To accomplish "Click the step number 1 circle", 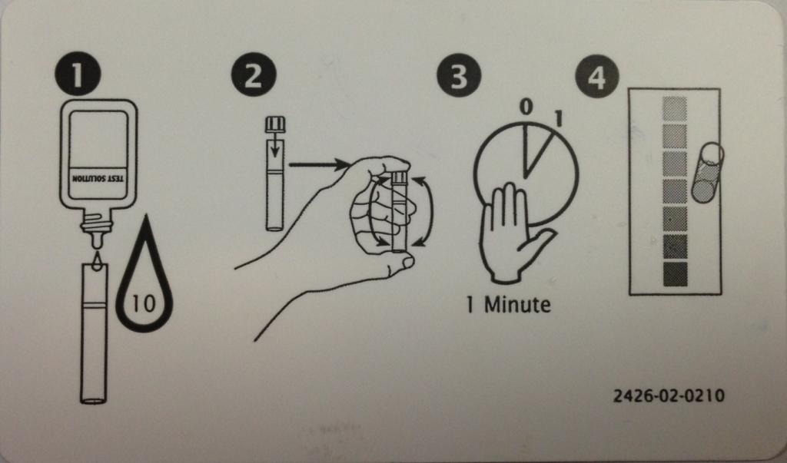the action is (78, 75).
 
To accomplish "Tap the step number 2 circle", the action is (254, 75).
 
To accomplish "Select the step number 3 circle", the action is (459, 76).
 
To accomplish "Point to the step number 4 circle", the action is (596, 78).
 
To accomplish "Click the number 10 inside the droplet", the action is (144, 303).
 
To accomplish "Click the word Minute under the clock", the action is (517, 305).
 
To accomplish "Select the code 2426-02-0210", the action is (669, 395).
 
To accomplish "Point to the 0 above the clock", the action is (525, 107).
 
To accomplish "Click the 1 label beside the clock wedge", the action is (558, 118).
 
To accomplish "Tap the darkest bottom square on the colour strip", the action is (675, 274).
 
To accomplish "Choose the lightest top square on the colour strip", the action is (675, 109).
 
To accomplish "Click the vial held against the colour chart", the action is (708, 173).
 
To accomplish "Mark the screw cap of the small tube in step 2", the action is (275, 124).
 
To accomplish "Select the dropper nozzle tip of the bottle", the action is (96, 241).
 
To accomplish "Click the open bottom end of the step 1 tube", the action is (94, 400).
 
